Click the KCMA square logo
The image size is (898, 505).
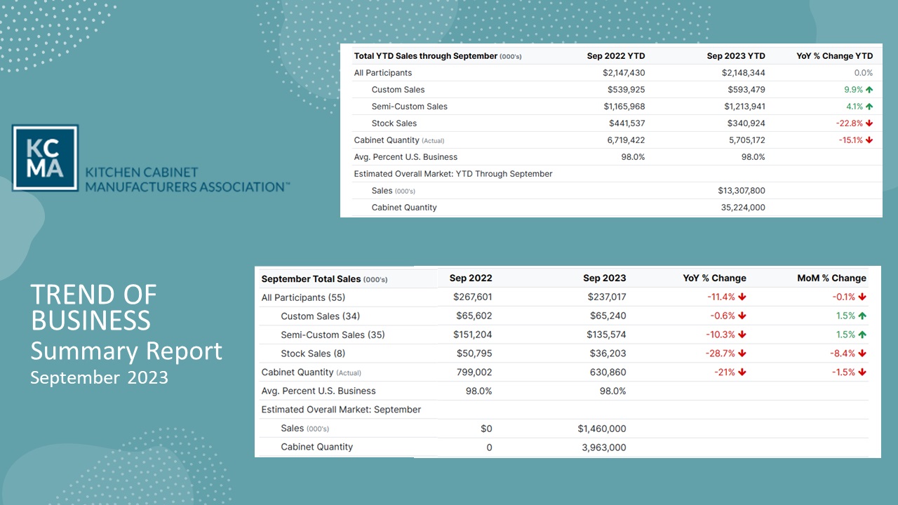45,158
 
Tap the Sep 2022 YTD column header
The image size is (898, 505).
616,56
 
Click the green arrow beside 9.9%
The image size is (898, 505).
869,90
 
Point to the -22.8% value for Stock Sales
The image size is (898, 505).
849,123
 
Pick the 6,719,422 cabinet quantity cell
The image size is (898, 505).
626,140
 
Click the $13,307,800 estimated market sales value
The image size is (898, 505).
742,191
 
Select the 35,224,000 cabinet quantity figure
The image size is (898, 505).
743,208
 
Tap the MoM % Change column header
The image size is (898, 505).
831,278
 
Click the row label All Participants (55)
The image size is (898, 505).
303,297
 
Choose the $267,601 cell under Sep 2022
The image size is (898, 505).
472,297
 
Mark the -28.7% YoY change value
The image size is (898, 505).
720,353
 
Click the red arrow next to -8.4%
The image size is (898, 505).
862,353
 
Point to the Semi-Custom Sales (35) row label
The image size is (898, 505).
333,335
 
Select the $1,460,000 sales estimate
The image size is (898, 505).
602,429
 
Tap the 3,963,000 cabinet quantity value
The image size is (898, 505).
604,447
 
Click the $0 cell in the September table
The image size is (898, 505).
486,429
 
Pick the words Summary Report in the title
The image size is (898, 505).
126,351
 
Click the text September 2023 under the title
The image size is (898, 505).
100,377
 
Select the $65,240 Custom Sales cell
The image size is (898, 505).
608,316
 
